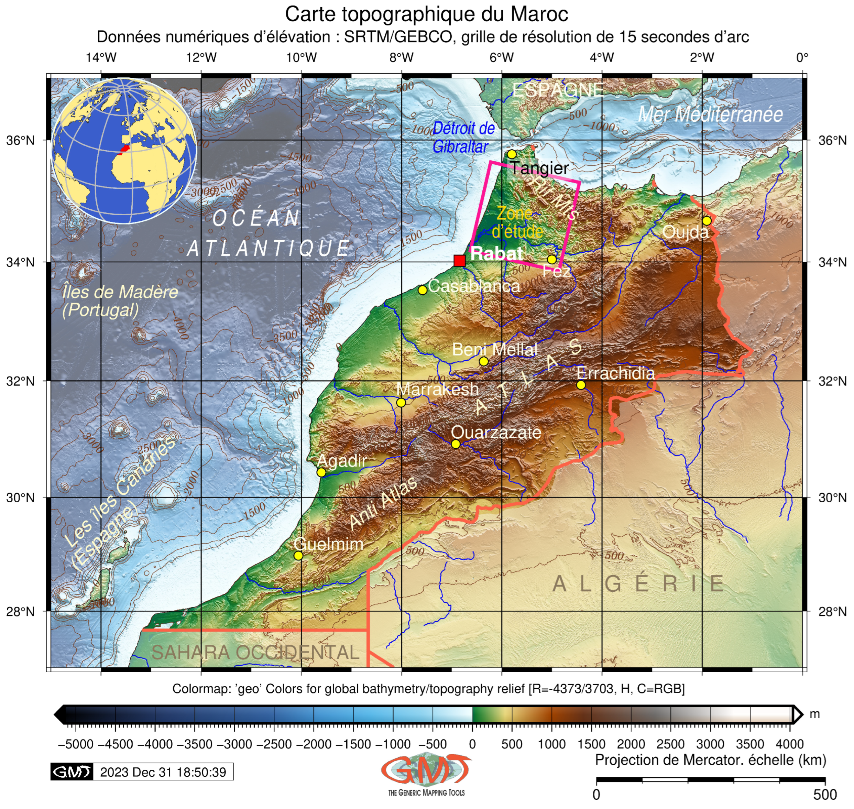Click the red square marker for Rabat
[x=459, y=261]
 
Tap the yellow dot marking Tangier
[x=512, y=154]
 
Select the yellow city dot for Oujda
[x=707, y=221]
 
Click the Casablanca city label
[x=474, y=286]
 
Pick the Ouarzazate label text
[x=496, y=432]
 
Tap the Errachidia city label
[x=615, y=373]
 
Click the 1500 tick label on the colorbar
[x=591, y=744]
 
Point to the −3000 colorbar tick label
[x=234, y=744]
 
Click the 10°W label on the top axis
[x=301, y=57]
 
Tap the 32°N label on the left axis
[x=20, y=381]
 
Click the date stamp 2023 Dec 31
[x=163, y=772]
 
